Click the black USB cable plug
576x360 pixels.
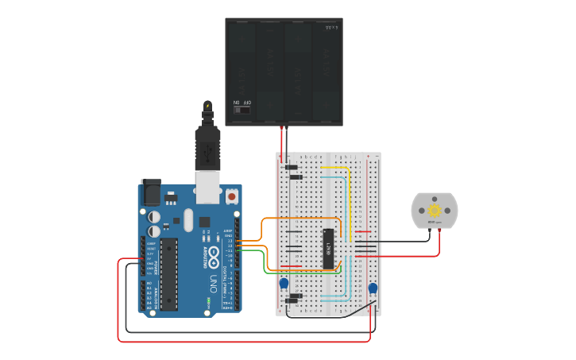tap(207, 147)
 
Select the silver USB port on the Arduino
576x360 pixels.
tap(208, 184)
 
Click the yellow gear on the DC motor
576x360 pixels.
tap(434, 211)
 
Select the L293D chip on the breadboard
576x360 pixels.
tap(327, 248)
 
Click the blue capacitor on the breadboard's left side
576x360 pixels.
tap(284, 284)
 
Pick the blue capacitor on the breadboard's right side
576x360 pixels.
tap(373, 288)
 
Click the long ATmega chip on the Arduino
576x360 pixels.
tap(168, 274)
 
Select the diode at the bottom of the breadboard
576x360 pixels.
tap(294, 297)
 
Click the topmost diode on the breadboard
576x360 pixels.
tap(292, 167)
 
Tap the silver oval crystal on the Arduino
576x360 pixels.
tap(188, 219)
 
